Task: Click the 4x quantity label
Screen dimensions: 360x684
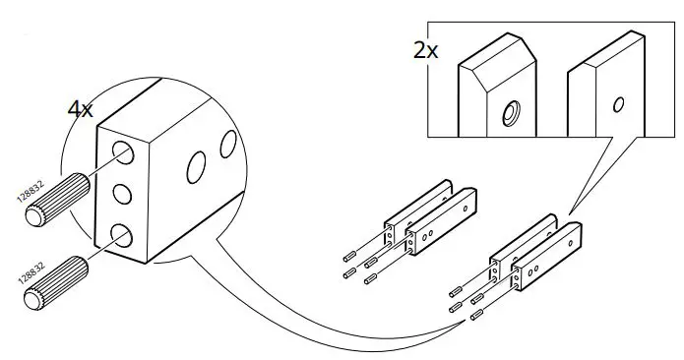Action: [81, 109]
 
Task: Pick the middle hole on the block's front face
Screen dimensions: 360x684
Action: [124, 193]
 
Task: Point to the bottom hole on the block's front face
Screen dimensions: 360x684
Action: [124, 234]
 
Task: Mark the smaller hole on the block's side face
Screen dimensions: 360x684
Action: [228, 143]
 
